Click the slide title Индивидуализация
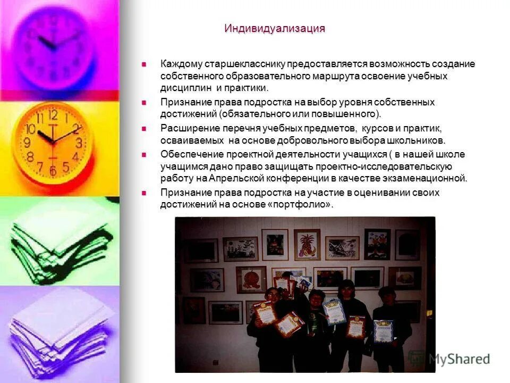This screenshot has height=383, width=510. (x=274, y=29)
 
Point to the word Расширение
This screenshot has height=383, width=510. (x=188, y=129)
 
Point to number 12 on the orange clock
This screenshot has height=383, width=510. (x=53, y=114)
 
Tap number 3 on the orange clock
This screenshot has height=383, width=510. (x=79, y=143)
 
